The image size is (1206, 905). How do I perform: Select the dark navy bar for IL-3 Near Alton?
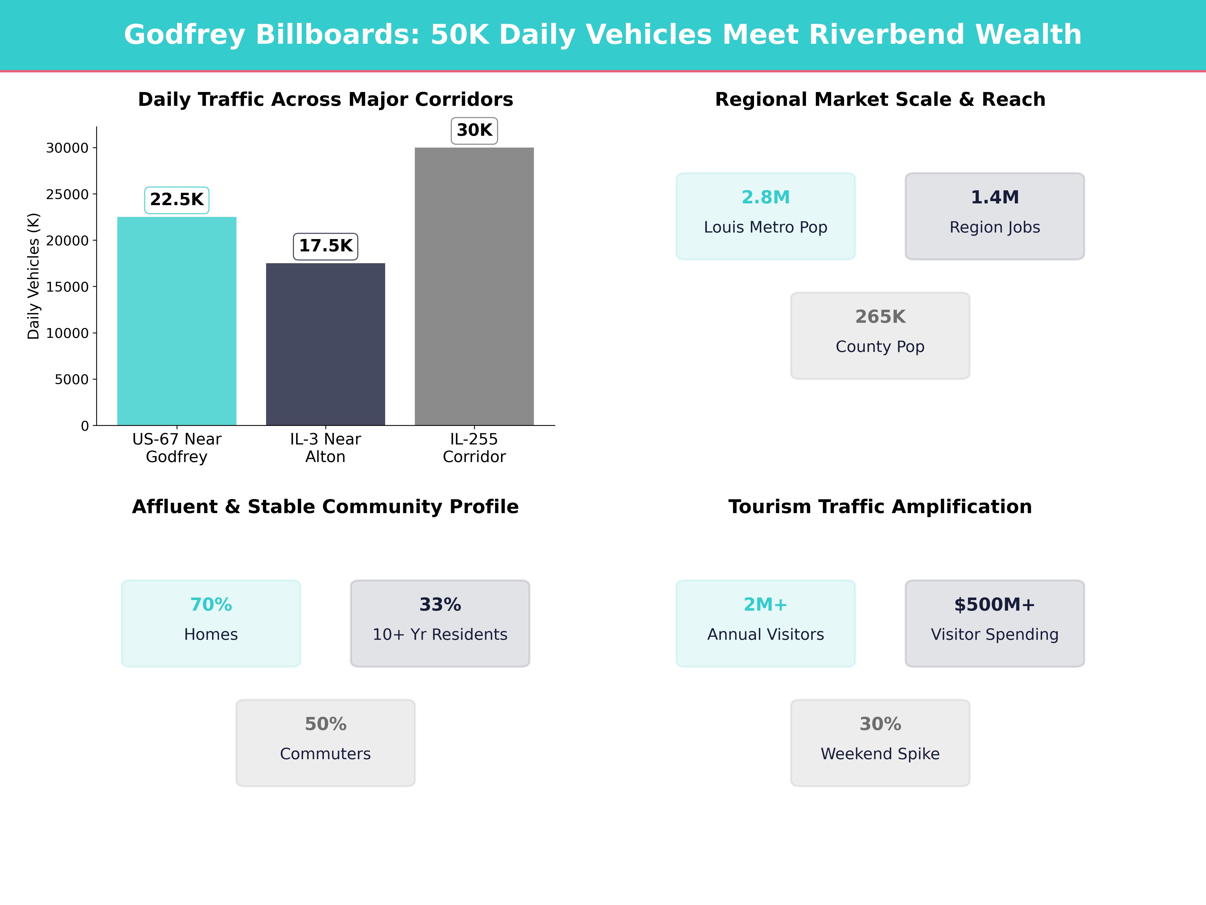[x=325, y=344]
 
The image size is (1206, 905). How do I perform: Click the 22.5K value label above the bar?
[x=177, y=200]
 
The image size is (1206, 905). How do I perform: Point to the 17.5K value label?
[x=325, y=246]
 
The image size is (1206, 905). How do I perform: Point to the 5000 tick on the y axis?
[x=71, y=379]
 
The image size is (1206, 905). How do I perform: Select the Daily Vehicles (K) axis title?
[x=34, y=276]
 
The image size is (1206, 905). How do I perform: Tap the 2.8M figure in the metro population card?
[x=766, y=198]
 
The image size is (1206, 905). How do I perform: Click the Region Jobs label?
[x=994, y=228]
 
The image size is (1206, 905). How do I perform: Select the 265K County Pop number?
[x=880, y=317]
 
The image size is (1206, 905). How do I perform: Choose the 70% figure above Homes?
[x=211, y=605]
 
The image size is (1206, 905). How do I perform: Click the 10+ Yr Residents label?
[x=440, y=635]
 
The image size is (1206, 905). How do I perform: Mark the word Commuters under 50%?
[x=325, y=754]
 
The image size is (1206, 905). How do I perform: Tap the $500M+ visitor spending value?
[x=994, y=605]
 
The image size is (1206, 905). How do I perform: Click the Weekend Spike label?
[x=880, y=754]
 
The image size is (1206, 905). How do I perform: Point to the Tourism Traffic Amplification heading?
[x=880, y=507]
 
